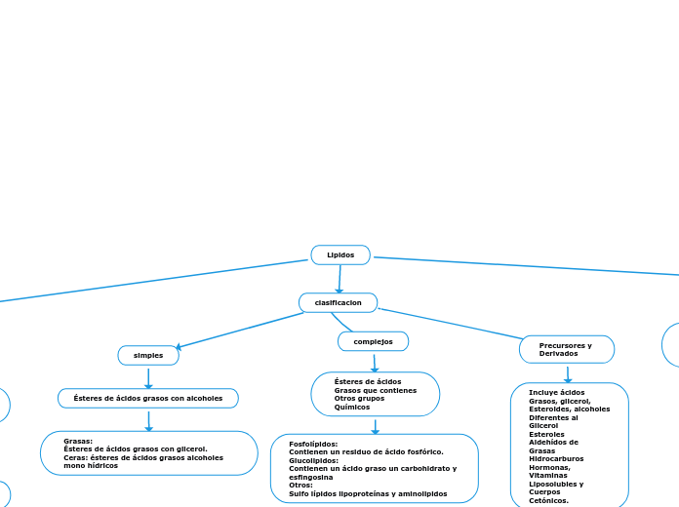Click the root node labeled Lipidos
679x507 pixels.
(x=340, y=254)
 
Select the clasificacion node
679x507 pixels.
(x=338, y=302)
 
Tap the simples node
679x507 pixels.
(x=148, y=355)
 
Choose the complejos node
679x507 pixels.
(x=373, y=341)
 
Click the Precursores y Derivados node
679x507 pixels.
(x=567, y=349)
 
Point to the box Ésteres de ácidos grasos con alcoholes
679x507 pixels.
(x=148, y=398)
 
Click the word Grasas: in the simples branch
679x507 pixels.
(x=78, y=441)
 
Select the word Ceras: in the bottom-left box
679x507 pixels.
(x=78, y=457)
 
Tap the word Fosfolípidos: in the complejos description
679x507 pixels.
(x=313, y=444)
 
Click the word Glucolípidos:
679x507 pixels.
(x=313, y=460)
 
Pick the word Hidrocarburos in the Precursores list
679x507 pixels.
(x=556, y=458)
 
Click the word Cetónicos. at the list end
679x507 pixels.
(x=548, y=500)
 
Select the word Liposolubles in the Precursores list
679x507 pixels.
(x=556, y=484)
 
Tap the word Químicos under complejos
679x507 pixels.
(x=351, y=407)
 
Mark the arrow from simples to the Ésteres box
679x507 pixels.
(x=148, y=377)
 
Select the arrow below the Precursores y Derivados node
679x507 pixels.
(x=568, y=373)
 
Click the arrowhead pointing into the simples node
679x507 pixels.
(x=180, y=346)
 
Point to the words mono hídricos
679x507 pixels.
(x=91, y=466)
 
